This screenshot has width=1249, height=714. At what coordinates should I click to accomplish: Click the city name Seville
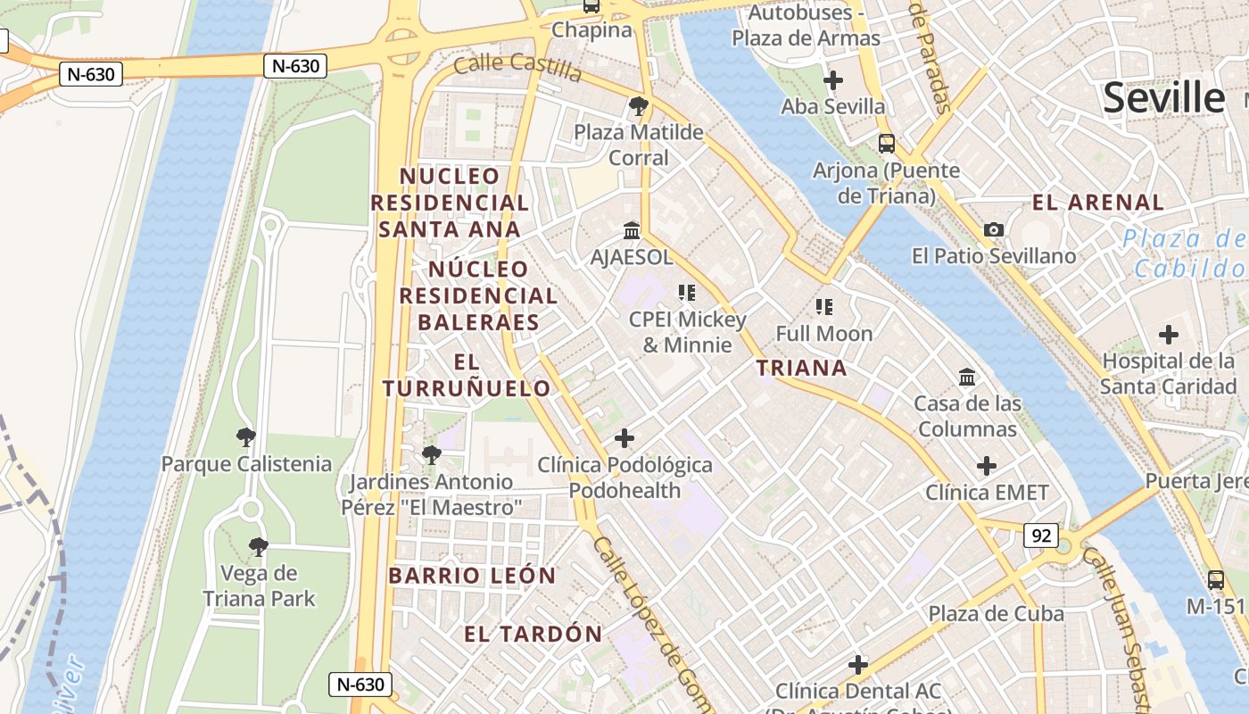1164,97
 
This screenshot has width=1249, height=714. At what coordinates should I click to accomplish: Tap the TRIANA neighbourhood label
801,368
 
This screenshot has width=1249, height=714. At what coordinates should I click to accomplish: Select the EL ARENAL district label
1098,203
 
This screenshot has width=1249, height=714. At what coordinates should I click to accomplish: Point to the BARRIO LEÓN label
472,576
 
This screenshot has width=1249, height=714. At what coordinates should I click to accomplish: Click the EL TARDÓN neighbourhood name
533,635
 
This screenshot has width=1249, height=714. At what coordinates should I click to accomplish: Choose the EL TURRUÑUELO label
467,376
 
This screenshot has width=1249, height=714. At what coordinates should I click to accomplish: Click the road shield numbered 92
1040,536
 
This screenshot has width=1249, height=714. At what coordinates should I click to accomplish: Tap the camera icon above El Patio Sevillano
993,229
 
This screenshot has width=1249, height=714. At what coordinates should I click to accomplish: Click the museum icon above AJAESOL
632,231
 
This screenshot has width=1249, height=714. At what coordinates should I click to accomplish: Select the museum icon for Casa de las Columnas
967,378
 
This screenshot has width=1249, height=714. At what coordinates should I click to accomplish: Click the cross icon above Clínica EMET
986,466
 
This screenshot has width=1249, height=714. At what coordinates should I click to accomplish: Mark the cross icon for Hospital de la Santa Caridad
1168,336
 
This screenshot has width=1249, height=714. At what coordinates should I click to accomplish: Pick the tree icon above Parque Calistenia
246,437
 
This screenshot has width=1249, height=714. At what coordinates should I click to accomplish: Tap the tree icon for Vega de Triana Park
259,546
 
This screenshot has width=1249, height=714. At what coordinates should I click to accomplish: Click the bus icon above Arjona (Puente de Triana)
886,143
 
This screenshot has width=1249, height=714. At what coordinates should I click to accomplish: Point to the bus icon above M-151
1215,580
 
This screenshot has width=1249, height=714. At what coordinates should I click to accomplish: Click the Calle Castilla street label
517,67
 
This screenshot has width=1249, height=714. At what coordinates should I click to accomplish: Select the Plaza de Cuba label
996,614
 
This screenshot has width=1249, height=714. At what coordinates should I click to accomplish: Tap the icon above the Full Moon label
823,307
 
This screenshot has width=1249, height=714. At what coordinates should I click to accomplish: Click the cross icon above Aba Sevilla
832,80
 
